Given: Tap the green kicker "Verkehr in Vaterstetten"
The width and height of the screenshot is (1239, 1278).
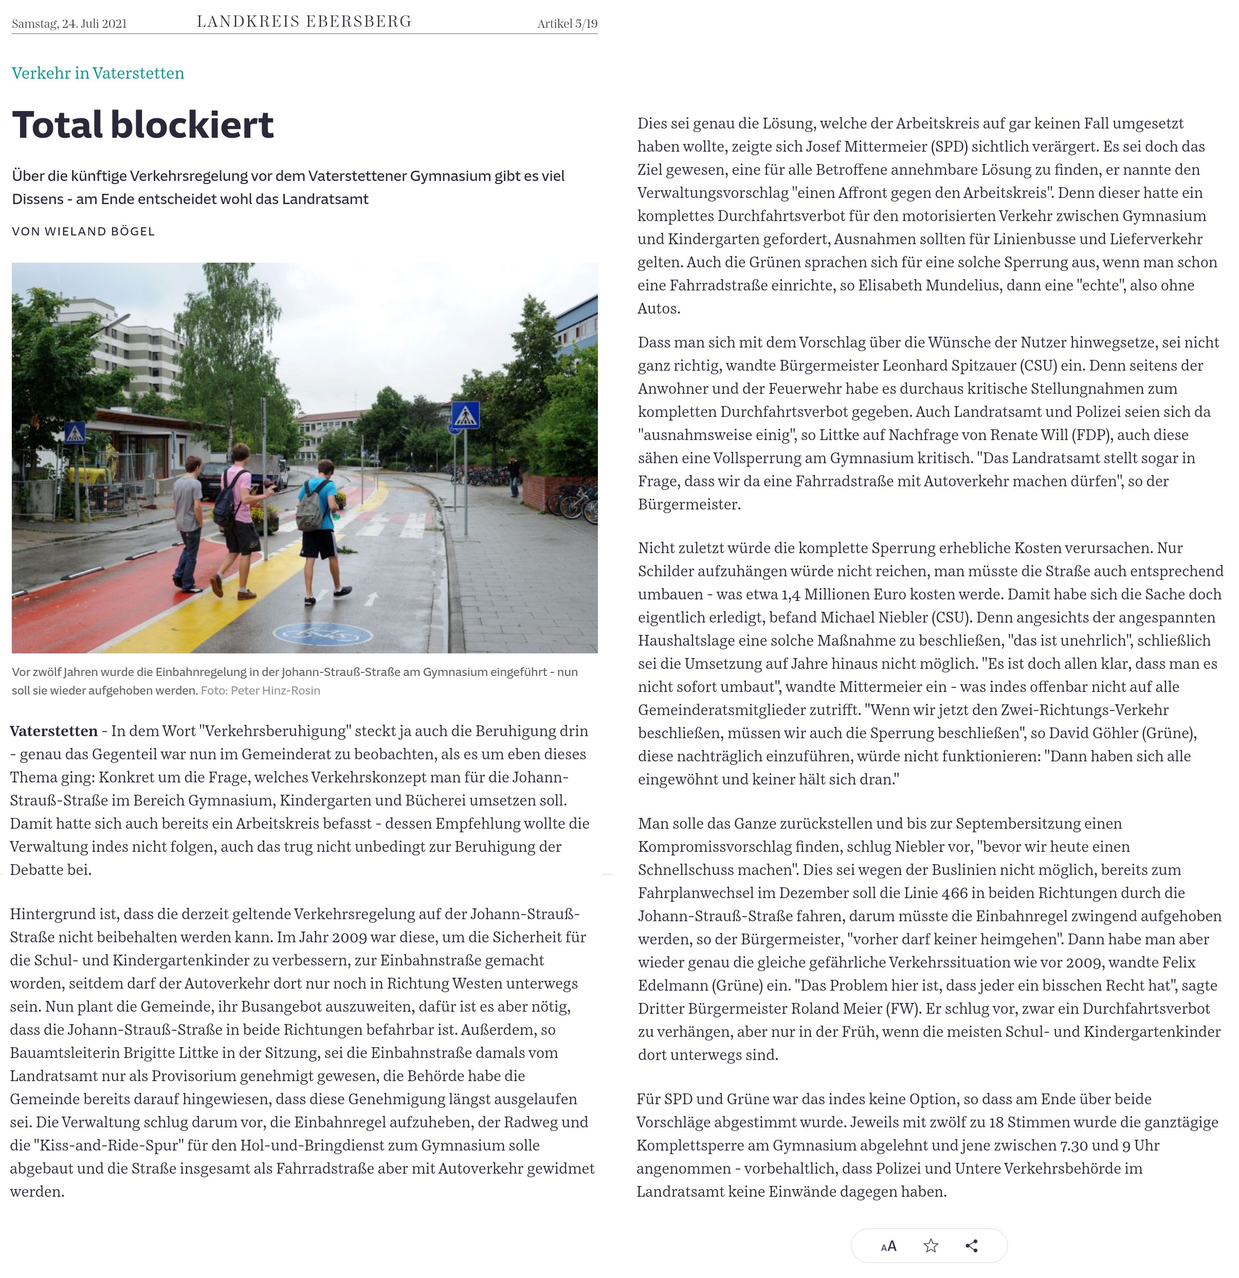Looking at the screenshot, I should click(98, 73).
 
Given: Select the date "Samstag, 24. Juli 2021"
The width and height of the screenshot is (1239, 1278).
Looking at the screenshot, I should click(69, 24).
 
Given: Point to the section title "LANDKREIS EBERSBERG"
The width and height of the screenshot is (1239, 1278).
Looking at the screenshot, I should click(304, 22).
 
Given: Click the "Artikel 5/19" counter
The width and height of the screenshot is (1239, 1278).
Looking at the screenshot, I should click(567, 24).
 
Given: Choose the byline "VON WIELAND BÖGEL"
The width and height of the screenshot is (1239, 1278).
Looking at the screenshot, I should click(83, 231).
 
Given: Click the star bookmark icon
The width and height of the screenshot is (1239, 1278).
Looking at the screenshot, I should click(931, 1246).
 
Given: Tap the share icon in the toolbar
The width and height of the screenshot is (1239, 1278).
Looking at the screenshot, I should click(972, 1246).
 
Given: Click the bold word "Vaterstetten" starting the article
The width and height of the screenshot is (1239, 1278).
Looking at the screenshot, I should click(53, 731).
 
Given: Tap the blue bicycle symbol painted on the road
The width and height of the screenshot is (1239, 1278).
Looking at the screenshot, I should click(323, 633).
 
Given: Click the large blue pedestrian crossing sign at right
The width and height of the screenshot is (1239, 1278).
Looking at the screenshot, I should click(466, 415).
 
